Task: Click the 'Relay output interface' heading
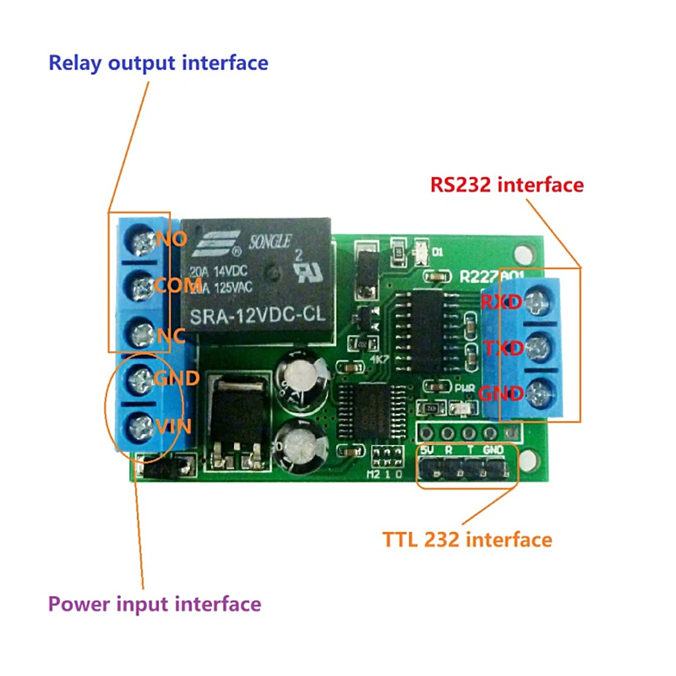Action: click(158, 63)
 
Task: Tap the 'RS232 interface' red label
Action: click(506, 185)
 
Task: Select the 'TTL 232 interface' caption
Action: click(467, 539)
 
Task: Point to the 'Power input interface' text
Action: click(154, 603)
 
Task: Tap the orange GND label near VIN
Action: click(176, 378)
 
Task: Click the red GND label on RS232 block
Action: click(501, 394)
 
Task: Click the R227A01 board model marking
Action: click(486, 276)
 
